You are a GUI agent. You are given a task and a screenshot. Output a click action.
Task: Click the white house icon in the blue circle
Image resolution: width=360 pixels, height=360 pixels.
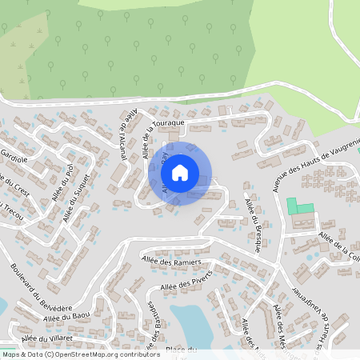(179, 172)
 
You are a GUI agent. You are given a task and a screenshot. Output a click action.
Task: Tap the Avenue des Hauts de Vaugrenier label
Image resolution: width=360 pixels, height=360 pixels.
(317, 164)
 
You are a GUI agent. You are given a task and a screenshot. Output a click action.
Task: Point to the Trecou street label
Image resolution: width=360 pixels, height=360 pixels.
(10, 212)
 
